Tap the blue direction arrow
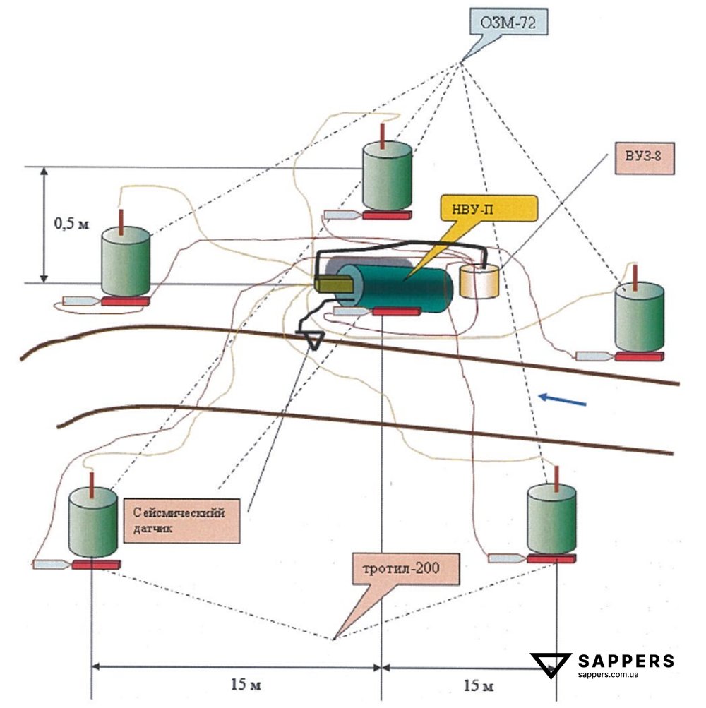pyautogui.click(x=562, y=400)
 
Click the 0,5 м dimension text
pyautogui.click(x=71, y=224)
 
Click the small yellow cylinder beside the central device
pyautogui.click(x=479, y=281)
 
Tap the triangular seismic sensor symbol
pyautogui.click(x=311, y=340)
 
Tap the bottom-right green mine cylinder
pyautogui.click(x=551, y=518)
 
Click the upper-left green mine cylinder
pyautogui.click(x=125, y=260)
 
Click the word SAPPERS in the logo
pyautogui.click(x=626, y=661)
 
